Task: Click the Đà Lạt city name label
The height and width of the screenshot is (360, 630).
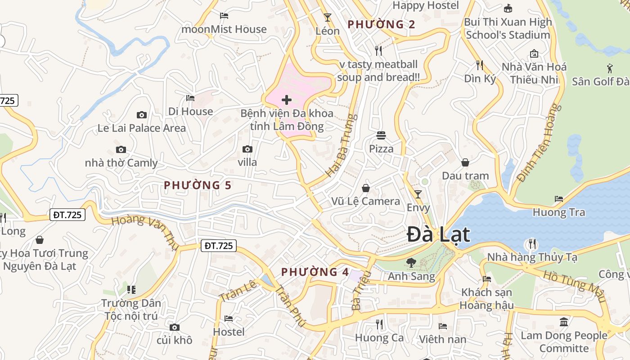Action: pyautogui.click(x=438, y=235)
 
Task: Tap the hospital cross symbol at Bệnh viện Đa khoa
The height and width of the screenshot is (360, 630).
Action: pyautogui.click(x=286, y=100)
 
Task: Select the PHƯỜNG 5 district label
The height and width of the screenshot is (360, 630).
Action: pyautogui.click(x=198, y=185)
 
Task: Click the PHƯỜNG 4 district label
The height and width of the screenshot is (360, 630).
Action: pyautogui.click(x=315, y=272)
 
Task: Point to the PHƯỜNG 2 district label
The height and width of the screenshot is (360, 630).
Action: pyautogui.click(x=381, y=24)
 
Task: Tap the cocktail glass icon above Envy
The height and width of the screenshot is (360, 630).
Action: pyautogui.click(x=418, y=194)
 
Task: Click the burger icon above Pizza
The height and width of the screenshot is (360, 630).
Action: pyautogui.click(x=381, y=135)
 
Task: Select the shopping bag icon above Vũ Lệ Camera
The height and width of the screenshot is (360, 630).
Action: pyautogui.click(x=366, y=188)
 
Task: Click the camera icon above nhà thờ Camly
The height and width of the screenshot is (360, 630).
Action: pyautogui.click(x=121, y=150)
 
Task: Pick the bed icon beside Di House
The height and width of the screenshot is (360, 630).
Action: pyautogui.click(x=190, y=98)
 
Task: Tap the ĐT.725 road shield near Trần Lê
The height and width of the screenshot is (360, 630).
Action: pyautogui.click(x=218, y=246)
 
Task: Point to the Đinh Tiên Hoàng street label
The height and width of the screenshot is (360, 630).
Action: pyautogui.click(x=540, y=143)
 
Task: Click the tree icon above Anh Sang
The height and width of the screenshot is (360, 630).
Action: pyautogui.click(x=411, y=262)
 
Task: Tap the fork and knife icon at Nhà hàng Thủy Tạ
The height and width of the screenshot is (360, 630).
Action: pyautogui.click(x=532, y=244)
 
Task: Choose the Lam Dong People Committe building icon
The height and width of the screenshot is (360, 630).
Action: pyautogui.click(x=564, y=322)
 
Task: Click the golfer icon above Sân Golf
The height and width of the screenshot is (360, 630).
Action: pyautogui.click(x=610, y=68)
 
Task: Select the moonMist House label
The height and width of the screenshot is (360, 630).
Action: pyautogui.click(x=224, y=29)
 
